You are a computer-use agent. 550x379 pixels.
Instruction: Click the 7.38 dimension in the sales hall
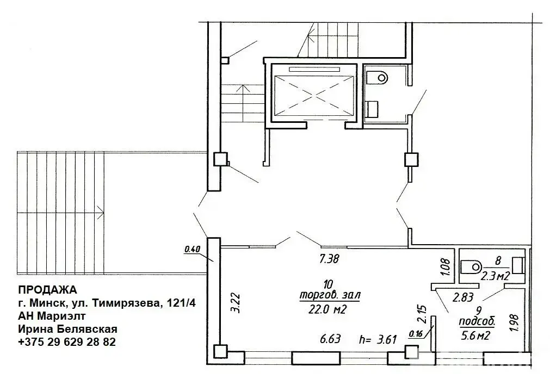tap(329, 259)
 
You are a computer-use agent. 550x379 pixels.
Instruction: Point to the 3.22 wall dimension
tap(237, 303)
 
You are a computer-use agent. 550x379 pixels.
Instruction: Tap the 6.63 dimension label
tap(330, 339)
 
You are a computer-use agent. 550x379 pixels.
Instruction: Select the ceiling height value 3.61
tap(387, 339)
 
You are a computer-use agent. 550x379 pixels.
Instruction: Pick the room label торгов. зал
tap(329, 295)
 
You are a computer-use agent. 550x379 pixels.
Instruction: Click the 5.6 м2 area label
tap(475, 335)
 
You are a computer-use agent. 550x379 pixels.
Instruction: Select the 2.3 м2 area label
tap(495, 276)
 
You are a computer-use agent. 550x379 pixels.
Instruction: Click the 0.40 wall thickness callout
tap(192, 249)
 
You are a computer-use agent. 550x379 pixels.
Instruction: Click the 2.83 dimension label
tap(463, 298)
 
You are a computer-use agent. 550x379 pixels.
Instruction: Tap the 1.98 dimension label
tap(515, 324)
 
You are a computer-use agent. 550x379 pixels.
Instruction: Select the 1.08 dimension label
tap(444, 268)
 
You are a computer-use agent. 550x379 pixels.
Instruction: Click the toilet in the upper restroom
tap(376, 77)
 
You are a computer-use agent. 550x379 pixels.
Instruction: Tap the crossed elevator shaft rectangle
tap(313, 94)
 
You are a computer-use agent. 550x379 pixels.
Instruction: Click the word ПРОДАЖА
tap(47, 290)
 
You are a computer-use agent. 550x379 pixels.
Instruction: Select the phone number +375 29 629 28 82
tap(67, 342)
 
